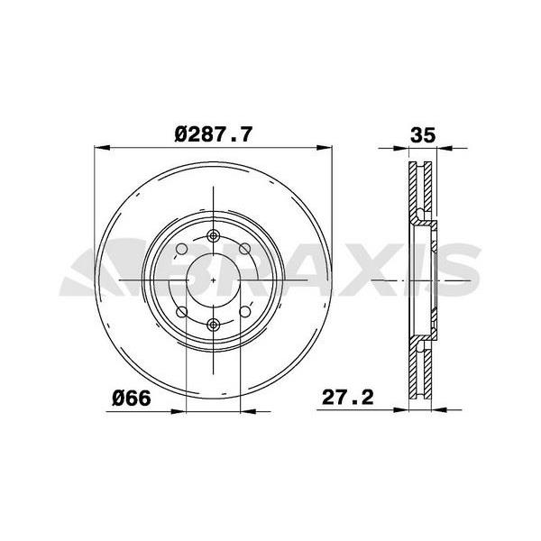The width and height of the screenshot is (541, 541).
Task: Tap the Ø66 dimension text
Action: [130, 398]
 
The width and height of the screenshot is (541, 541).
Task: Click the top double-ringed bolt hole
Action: [213, 236]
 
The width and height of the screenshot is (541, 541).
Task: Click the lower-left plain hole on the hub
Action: [181, 312]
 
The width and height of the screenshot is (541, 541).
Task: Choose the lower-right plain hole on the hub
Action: [244, 312]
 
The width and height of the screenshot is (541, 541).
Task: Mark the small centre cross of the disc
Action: [213, 280]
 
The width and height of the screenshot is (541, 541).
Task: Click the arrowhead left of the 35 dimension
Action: [402, 147]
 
